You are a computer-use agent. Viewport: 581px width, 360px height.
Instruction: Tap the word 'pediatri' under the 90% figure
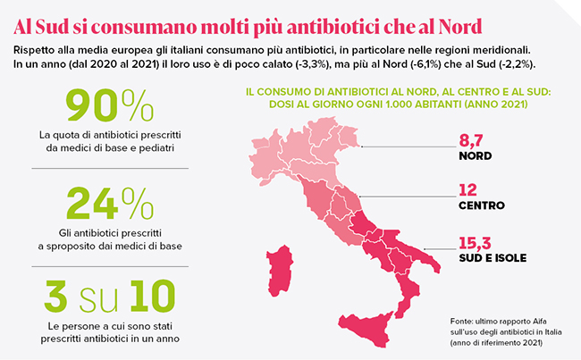click(154, 147)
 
